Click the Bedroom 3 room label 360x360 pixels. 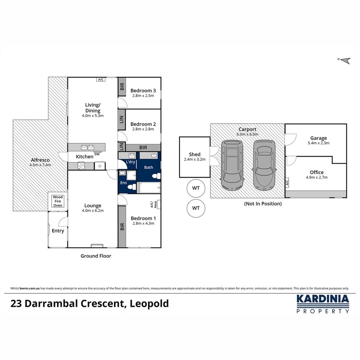143,91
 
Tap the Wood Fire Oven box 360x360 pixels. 58,201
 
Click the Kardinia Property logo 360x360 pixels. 323,304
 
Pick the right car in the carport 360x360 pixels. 264,164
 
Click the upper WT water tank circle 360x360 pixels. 196,188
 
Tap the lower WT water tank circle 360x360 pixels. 196,208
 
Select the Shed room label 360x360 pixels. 195,154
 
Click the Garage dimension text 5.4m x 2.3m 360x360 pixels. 319,143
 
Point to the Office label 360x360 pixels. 317,172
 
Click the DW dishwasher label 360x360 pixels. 97,154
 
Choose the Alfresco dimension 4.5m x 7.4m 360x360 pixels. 40,165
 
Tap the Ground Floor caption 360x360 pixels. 96,256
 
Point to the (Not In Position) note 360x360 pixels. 263,204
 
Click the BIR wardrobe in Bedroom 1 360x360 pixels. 122,227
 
